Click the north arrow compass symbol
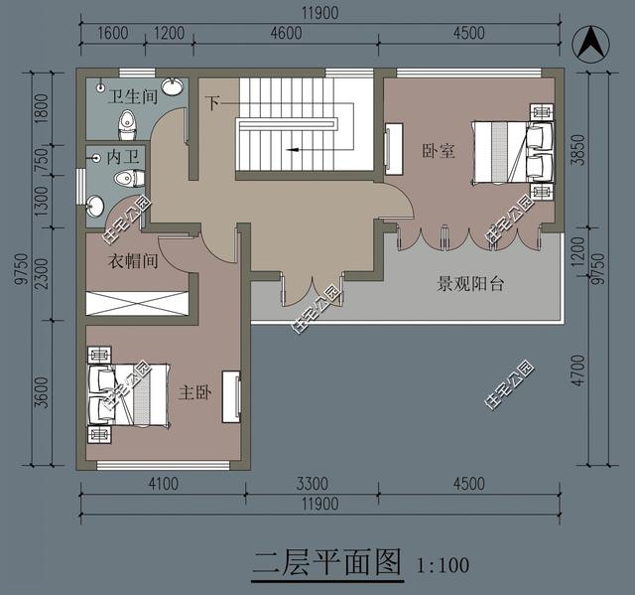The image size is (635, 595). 591,43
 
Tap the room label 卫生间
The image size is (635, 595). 128,97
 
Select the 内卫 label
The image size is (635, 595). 125,157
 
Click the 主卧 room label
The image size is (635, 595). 194,392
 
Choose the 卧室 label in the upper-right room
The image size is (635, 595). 438,151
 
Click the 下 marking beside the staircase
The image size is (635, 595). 212,102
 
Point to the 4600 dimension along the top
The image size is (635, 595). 286,33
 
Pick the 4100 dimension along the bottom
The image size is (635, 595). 163,484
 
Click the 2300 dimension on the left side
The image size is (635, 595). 39,272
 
